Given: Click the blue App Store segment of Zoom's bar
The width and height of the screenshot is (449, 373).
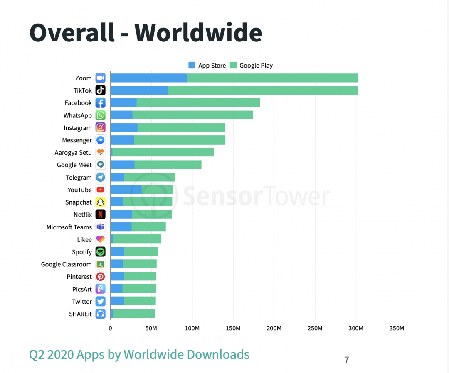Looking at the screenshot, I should [x=148, y=78].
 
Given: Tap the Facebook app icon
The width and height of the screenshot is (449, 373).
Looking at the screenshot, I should [x=100, y=103].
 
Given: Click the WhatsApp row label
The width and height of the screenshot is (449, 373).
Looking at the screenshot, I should [x=78, y=115].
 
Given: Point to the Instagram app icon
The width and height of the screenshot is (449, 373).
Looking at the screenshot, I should [x=100, y=127].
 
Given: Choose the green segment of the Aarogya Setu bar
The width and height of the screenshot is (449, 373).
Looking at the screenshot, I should [x=163, y=152].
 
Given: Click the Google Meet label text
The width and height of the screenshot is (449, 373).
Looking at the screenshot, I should [x=74, y=165].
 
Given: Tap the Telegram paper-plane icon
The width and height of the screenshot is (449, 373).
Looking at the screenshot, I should [x=100, y=177].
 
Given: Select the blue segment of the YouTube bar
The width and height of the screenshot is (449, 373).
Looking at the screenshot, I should [x=126, y=190].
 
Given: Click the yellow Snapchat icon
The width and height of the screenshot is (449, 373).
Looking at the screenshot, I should [x=100, y=202].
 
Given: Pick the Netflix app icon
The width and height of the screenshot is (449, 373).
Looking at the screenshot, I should [x=100, y=215].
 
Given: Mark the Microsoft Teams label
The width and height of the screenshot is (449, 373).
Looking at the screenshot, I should [x=69, y=227].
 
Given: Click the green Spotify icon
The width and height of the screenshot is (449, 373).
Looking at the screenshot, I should [x=100, y=252].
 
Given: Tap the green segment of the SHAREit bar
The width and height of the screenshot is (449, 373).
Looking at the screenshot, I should [x=133, y=314].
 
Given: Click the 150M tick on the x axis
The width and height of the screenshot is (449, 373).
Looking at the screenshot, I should [x=233, y=329].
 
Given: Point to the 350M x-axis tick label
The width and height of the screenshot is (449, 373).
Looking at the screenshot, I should [x=397, y=329].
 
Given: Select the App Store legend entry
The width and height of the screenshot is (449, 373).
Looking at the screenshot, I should [x=207, y=66].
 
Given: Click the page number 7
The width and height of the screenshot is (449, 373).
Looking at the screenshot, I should [x=347, y=360].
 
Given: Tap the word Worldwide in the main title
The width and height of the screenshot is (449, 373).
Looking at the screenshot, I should [x=198, y=32].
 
